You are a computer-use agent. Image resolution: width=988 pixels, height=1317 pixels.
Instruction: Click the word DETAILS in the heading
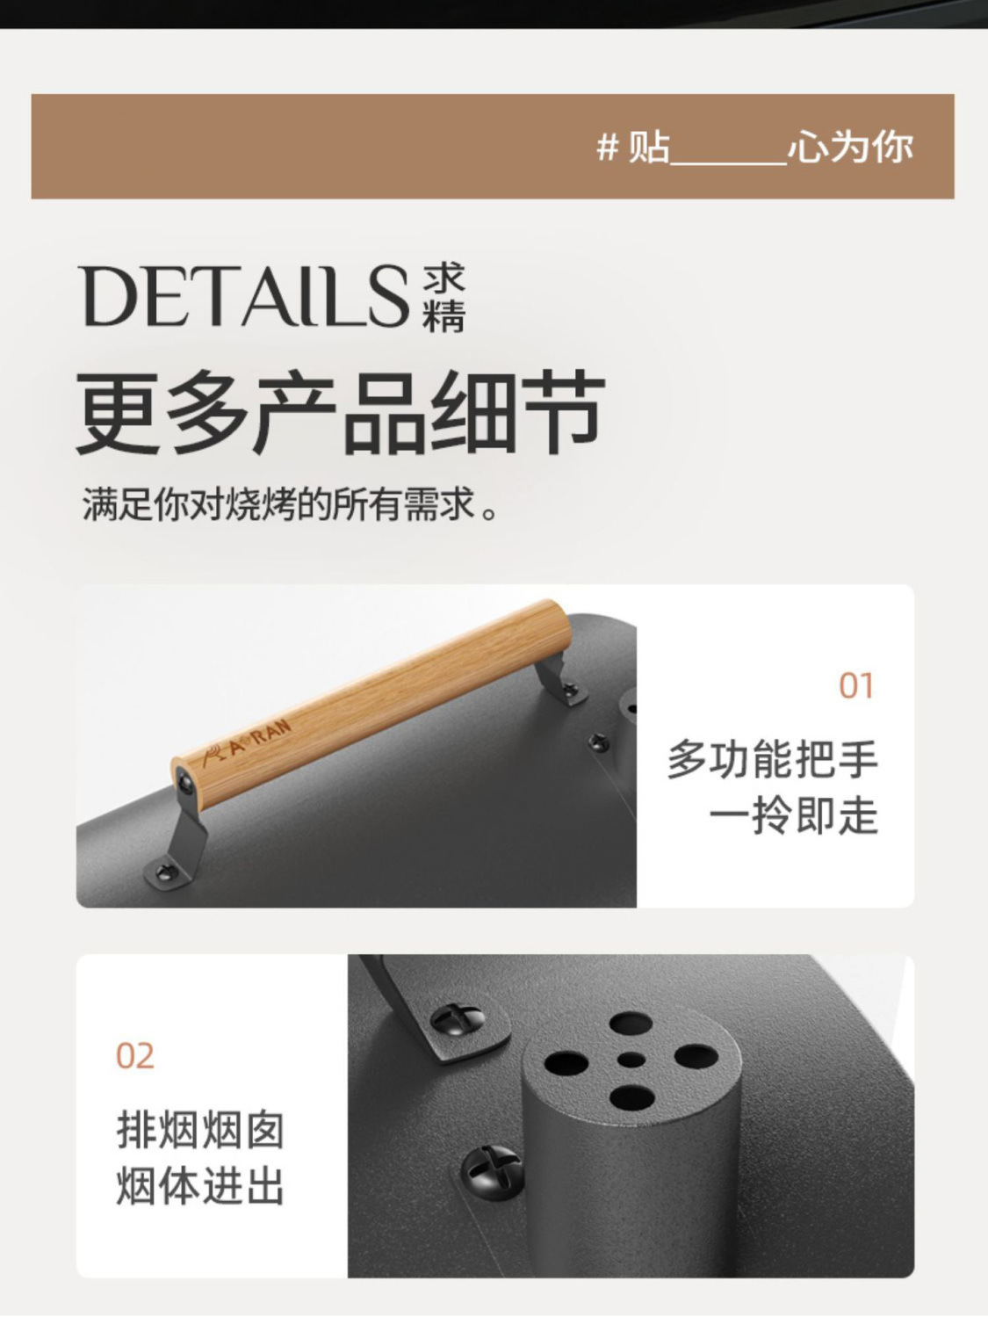[245, 296]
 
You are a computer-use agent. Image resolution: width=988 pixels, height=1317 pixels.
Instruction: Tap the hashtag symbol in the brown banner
[607, 147]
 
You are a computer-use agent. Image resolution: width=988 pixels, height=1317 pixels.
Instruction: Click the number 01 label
[856, 686]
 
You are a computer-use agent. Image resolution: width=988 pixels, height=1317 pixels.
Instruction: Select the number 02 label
[135, 1055]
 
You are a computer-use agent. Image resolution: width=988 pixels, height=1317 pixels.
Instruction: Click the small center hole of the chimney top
[631, 1060]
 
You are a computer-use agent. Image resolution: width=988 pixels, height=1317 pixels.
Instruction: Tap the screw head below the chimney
[492, 1169]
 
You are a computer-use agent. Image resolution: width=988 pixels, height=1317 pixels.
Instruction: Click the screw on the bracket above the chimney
[458, 1018]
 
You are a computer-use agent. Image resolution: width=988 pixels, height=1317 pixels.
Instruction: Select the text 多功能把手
[772, 758]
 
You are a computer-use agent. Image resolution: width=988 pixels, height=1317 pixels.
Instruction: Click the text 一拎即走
[793, 816]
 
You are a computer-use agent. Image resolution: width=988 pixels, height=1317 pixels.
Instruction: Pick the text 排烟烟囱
[200, 1129]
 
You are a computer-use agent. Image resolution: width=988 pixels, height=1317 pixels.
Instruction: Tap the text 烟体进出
[200, 1185]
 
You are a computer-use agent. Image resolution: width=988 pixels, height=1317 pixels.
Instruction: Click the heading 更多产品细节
[341, 413]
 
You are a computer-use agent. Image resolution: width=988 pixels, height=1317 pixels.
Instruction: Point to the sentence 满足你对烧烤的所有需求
[290, 505]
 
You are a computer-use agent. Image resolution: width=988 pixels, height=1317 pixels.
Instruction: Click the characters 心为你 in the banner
[850, 147]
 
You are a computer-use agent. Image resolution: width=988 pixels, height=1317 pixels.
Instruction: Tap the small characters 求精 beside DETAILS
[444, 299]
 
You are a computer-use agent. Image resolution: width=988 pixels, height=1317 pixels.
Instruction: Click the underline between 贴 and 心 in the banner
[728, 163]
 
